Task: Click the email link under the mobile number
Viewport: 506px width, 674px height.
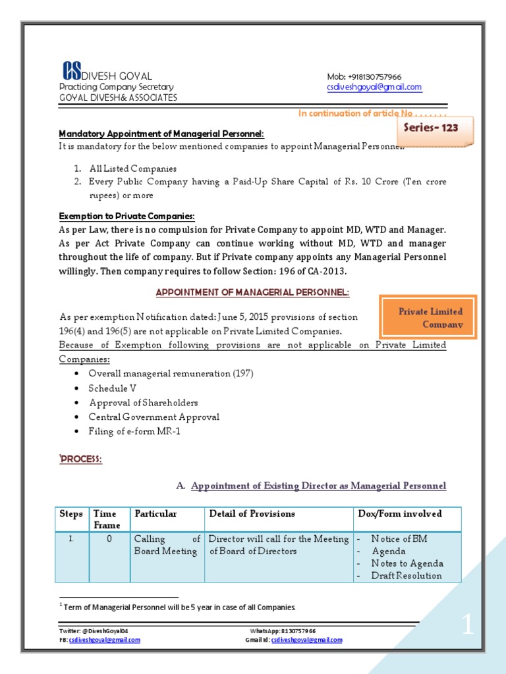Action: click(x=374, y=87)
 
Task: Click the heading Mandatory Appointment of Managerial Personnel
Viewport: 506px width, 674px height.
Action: click(x=161, y=134)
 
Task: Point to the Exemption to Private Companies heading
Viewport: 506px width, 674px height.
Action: click(x=126, y=216)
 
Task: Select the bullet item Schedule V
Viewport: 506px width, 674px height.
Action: click(x=113, y=388)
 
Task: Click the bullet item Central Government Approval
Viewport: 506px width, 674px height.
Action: click(x=154, y=417)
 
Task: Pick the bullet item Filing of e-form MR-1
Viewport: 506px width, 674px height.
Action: click(x=134, y=432)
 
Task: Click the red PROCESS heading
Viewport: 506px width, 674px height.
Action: click(x=80, y=459)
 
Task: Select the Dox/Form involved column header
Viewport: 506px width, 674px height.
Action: click(x=399, y=514)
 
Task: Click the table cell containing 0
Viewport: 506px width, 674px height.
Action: click(x=109, y=539)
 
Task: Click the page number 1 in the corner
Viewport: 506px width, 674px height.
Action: click(x=467, y=626)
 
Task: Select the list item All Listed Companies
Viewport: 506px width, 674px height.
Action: click(x=133, y=168)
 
